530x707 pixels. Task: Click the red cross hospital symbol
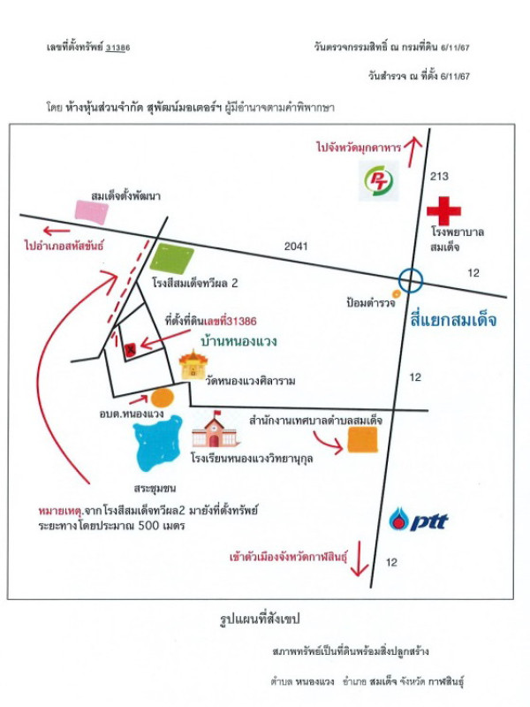pyautogui.click(x=443, y=212)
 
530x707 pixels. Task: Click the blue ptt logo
pyautogui.click(x=420, y=520)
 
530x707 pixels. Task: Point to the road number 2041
pyautogui.click(x=297, y=246)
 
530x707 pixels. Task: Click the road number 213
pyautogui.click(x=439, y=177)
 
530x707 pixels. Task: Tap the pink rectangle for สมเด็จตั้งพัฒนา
pyautogui.click(x=91, y=210)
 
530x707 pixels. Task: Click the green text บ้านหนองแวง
pyautogui.click(x=238, y=338)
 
